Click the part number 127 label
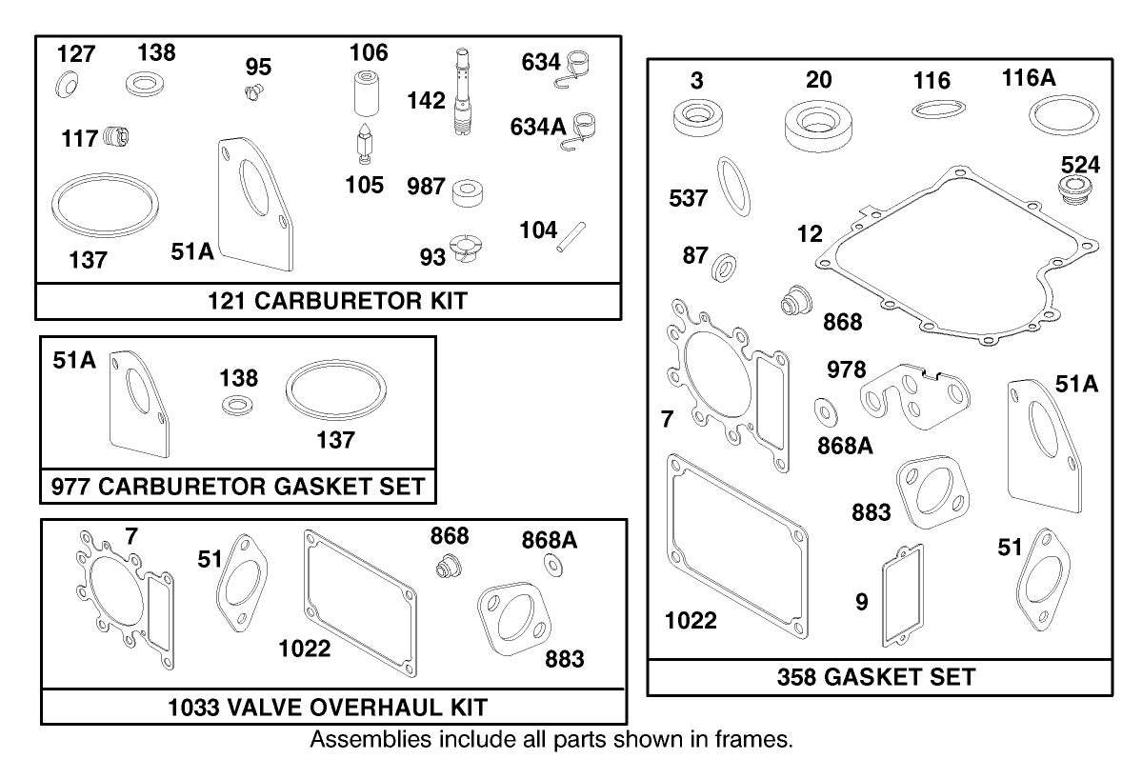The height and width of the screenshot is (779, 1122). click(75, 54)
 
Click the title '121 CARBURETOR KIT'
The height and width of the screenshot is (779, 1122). click(338, 302)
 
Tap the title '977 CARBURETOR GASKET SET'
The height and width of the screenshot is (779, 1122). click(237, 486)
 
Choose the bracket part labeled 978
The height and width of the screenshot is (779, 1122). click(912, 393)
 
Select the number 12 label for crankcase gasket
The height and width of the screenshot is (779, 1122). click(810, 233)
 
